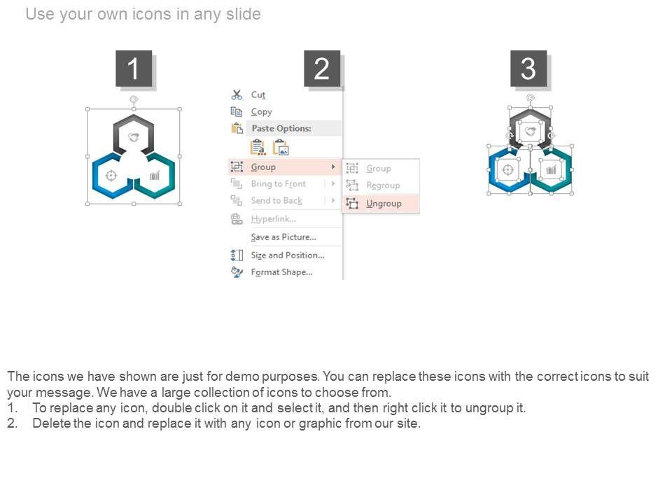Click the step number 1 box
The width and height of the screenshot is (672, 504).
pos(134,69)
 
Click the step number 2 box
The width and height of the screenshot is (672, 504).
pos(322,69)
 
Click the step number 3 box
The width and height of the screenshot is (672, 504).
pos(528,69)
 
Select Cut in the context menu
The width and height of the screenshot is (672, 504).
pos(258,94)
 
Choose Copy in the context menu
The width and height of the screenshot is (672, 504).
pos(261,112)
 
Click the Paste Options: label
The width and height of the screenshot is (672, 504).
pos(281,128)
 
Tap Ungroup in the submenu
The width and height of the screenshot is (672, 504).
pos(384,204)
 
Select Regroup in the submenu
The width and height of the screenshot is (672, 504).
pos(383,185)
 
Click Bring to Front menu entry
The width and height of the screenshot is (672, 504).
pos(279,184)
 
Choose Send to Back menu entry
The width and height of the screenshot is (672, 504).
pos(276,201)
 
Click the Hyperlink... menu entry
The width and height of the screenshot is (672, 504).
pos(274,219)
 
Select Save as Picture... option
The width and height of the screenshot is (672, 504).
pos(283,237)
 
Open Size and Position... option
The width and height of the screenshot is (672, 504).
pos(288,255)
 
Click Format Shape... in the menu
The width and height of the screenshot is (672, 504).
pos(281,272)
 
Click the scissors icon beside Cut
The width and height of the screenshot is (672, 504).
pos(237,94)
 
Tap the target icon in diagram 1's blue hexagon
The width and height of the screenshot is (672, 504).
pos(111,176)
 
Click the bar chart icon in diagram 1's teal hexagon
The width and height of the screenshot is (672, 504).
pos(155,175)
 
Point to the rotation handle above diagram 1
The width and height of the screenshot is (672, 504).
pos(134,99)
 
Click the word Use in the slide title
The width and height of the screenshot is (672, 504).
pos(41,14)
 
